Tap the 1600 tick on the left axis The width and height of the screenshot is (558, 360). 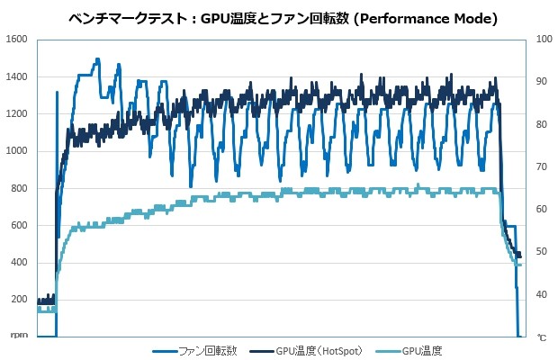pos(17,40)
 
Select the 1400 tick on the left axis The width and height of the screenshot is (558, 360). pos(17,76)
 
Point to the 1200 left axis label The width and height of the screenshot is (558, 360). pos(17,113)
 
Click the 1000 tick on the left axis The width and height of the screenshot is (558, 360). pos(17,151)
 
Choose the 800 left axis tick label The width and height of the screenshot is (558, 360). pos(20,188)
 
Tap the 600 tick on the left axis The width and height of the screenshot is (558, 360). pos(20,225)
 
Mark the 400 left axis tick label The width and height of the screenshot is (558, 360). pos(20,262)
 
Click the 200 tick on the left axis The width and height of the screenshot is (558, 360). pos(20,300)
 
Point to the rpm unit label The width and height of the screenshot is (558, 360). pos(20,337)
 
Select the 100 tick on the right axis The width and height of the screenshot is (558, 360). pos(543,40)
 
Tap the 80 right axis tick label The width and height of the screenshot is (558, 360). pos(541,124)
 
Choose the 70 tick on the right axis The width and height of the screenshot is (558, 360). pos(541,166)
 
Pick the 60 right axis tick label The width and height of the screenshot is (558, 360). pos(541,209)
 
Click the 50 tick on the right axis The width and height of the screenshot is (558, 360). pos(541,251)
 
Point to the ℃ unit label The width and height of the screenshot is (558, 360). pos(542,337)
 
